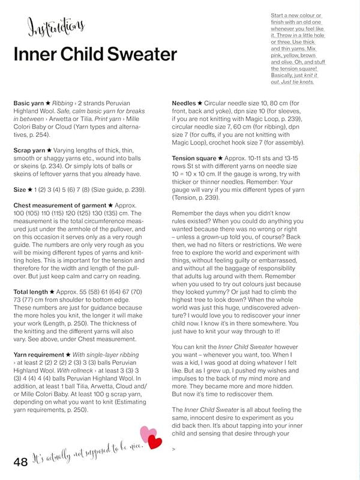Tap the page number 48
(x=20, y=461)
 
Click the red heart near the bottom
(x=155, y=442)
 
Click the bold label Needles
(x=186, y=103)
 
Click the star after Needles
(x=199, y=103)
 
